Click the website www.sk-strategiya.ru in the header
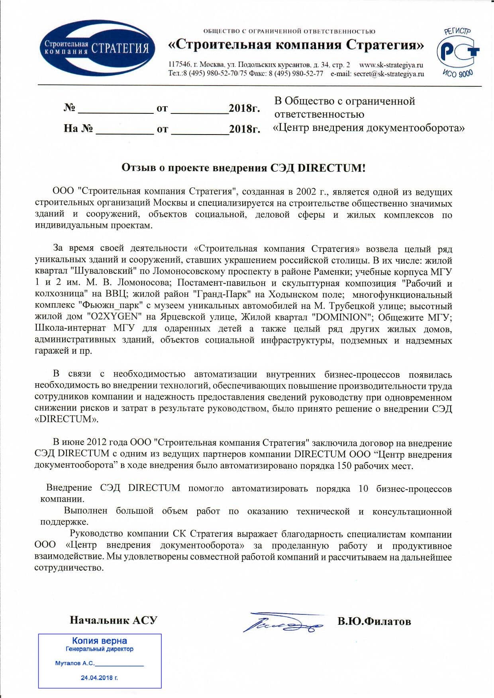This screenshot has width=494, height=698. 391,65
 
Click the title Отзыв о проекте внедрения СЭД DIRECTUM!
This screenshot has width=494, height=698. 243,168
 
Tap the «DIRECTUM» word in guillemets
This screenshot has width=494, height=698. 66,419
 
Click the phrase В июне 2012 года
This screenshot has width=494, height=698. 90,443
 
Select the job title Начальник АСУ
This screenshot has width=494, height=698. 114,620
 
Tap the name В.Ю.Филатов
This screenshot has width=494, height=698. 374,621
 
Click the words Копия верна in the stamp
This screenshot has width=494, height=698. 100,641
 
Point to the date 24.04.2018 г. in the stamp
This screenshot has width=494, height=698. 99,677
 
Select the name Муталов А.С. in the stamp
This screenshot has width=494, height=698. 75,663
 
